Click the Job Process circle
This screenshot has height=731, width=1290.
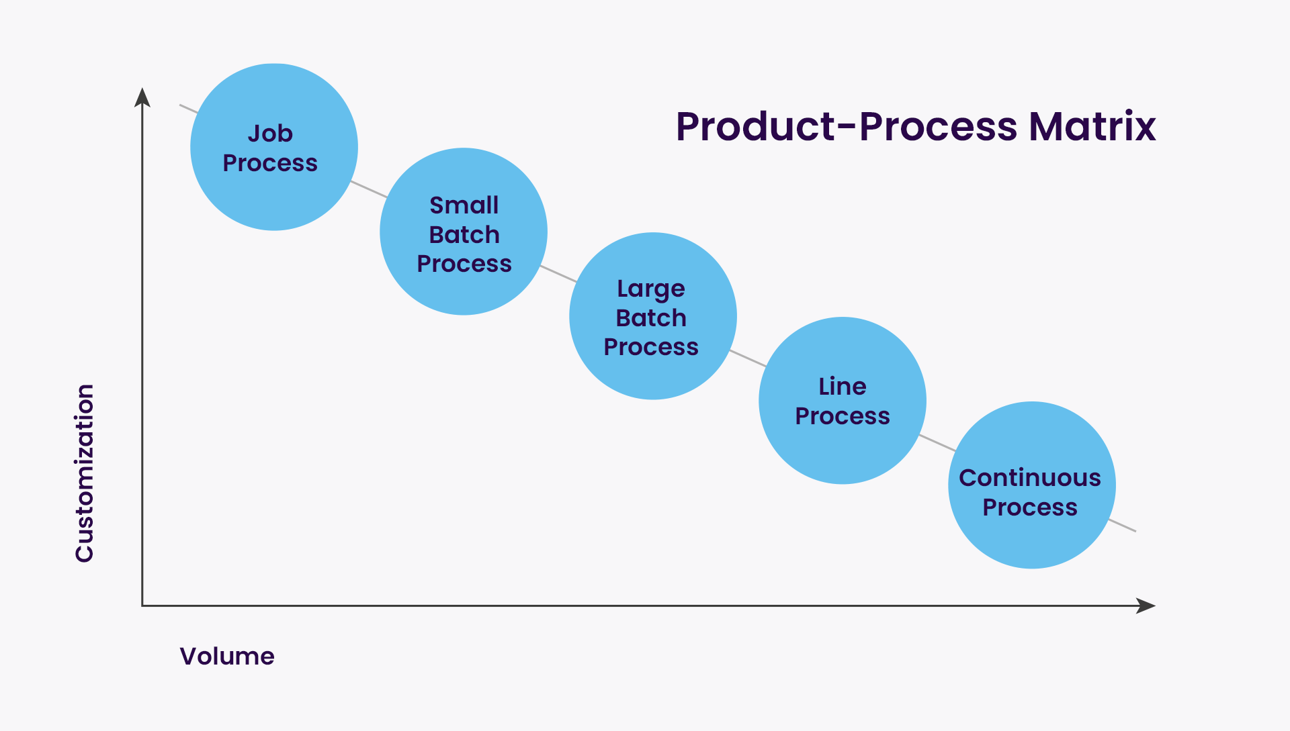pyautogui.click(x=274, y=147)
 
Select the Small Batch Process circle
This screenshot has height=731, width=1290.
pyautogui.click(x=464, y=232)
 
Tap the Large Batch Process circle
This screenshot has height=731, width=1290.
pyautogui.click(x=653, y=316)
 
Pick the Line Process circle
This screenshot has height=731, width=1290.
pyautogui.click(x=843, y=401)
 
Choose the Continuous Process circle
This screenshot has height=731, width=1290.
pyautogui.click(x=1032, y=485)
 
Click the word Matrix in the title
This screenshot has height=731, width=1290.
pyautogui.click(x=1092, y=126)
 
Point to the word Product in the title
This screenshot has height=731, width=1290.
pyautogui.click(x=756, y=126)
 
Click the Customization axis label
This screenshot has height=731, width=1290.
pyautogui.click(x=85, y=473)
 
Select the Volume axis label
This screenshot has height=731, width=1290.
pyautogui.click(x=227, y=656)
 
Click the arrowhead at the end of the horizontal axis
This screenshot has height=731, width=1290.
pyautogui.click(x=1146, y=605)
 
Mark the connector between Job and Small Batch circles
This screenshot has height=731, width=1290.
pyautogui.click(x=369, y=189)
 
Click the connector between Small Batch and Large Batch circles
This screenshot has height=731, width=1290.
pyautogui.click(x=558, y=274)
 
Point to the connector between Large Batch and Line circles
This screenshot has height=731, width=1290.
pyautogui.click(x=748, y=358)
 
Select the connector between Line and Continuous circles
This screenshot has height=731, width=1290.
pyautogui.click(x=937, y=443)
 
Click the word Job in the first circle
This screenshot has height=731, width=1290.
pyautogui.click(x=270, y=133)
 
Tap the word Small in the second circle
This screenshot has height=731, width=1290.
pyautogui.click(x=464, y=205)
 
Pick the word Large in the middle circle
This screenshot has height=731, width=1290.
pyautogui.click(x=651, y=289)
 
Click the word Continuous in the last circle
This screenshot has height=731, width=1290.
pyautogui.click(x=1030, y=477)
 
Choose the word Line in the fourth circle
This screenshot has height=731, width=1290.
pyautogui.click(x=843, y=386)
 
